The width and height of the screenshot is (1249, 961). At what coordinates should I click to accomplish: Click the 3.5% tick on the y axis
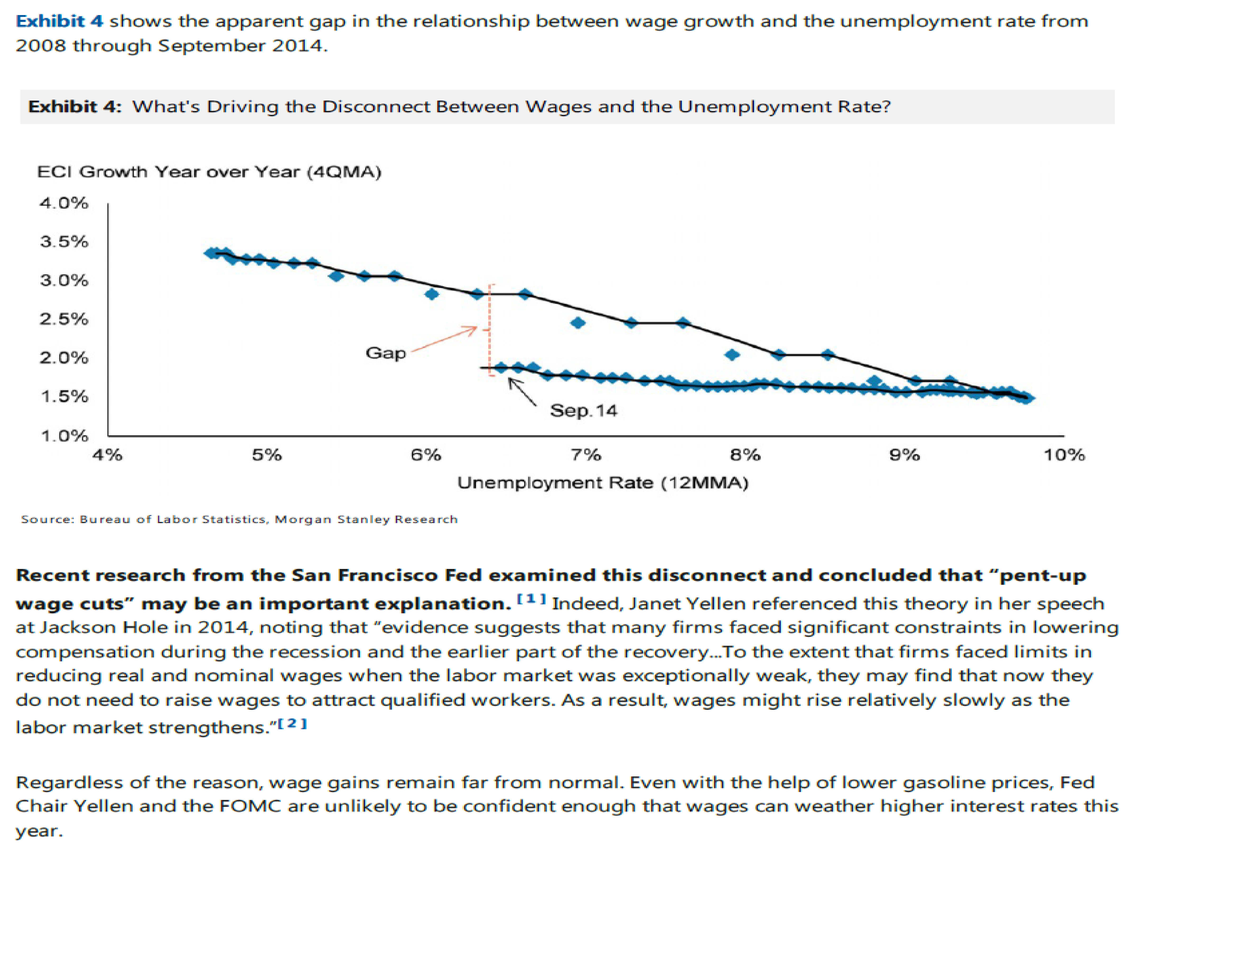pyautogui.click(x=64, y=242)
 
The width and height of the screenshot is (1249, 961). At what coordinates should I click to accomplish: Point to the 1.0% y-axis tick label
pyautogui.click(x=64, y=436)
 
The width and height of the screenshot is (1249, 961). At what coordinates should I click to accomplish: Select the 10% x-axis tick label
pyautogui.click(x=1064, y=455)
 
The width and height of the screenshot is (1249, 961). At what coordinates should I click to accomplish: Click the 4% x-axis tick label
pyautogui.click(x=108, y=455)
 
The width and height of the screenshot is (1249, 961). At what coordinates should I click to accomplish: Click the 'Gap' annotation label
pyautogui.click(x=385, y=353)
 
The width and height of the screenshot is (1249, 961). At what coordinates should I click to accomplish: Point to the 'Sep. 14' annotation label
pyautogui.click(x=583, y=411)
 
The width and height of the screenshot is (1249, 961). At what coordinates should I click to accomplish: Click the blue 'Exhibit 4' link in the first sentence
pyautogui.click(x=59, y=21)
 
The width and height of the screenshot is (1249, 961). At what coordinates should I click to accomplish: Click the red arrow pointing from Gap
pyautogui.click(x=444, y=340)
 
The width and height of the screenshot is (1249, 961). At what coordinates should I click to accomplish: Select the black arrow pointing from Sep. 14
pyautogui.click(x=521, y=392)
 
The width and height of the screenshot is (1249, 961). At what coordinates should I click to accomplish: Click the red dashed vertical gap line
pyautogui.click(x=489, y=329)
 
